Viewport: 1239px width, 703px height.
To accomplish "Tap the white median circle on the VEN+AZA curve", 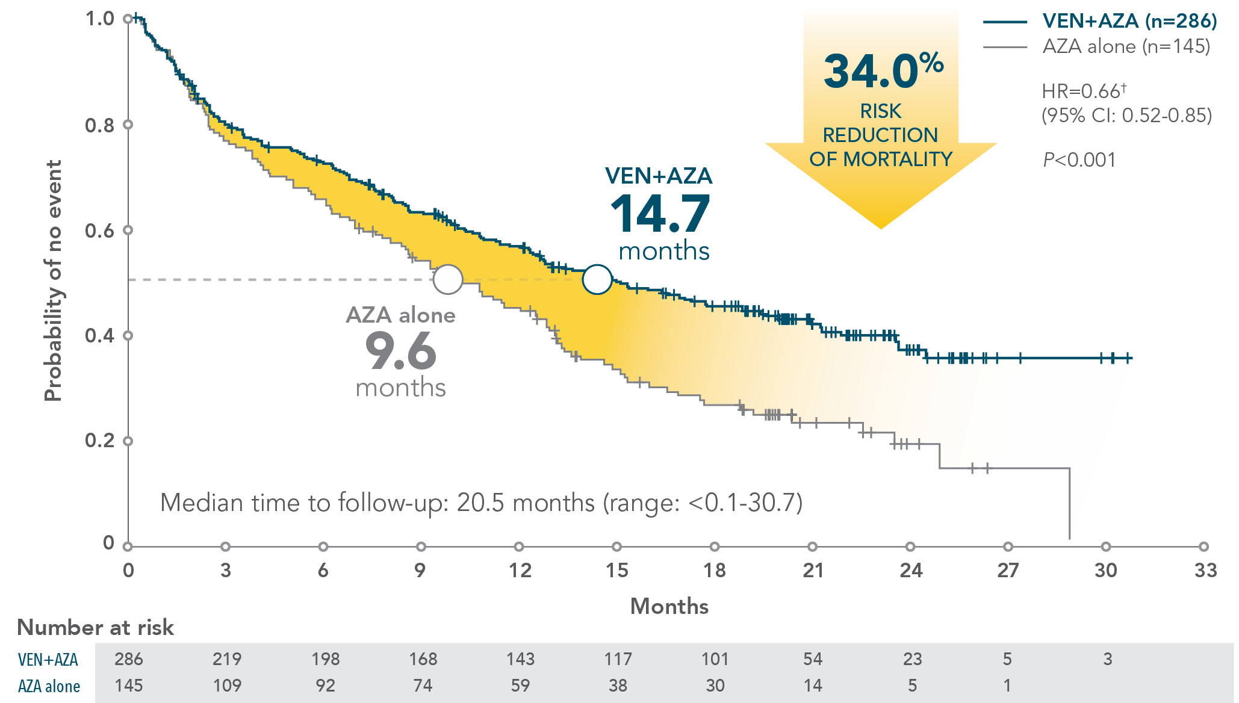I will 597,279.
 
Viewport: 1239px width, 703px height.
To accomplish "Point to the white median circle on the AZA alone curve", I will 448,279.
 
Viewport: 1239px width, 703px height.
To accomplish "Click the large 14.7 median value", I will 660,214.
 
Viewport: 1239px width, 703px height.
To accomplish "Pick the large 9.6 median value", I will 400,351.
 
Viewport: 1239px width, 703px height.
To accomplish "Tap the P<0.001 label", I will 1079,160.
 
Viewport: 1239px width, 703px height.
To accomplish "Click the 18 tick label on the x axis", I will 715,571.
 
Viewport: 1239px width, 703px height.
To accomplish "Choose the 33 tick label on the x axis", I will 1205,571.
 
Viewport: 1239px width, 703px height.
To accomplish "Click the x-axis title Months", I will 669,606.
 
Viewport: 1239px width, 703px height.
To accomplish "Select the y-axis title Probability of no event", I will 53,280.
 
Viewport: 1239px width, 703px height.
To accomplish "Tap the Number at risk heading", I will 96,628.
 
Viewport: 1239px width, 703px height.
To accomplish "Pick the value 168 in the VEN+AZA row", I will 423,659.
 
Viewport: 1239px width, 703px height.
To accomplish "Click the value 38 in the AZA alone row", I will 618,686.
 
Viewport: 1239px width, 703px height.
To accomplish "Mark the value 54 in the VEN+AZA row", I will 813,659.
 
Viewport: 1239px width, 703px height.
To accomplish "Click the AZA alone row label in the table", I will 49,686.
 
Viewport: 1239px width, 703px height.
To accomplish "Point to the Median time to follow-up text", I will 481,503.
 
